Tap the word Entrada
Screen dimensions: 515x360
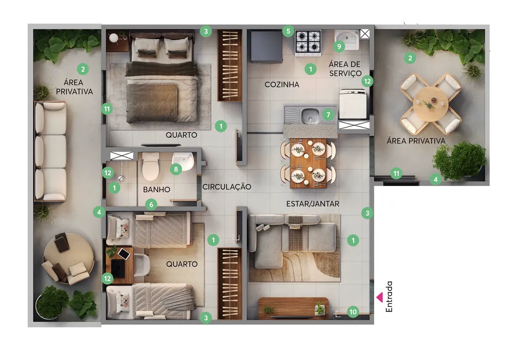tap(389, 297)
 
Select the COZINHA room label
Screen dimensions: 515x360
tap(282, 84)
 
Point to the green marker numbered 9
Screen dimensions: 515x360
tap(339, 47)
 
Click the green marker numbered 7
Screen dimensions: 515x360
tap(328, 115)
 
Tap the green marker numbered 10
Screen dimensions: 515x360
tap(353, 312)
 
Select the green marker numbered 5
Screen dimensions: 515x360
tap(288, 31)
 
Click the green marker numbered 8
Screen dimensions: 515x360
tap(176, 169)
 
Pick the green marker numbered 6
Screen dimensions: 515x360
tap(151, 205)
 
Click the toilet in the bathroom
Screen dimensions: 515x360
tap(150, 166)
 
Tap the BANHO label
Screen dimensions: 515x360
tap(157, 190)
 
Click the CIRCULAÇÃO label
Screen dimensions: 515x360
tap(227, 187)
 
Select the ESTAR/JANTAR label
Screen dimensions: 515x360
tap(313, 204)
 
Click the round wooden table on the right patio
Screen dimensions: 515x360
tap(431, 103)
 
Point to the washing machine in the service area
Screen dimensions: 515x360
tap(353, 104)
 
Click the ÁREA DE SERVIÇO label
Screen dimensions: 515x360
tap(345, 69)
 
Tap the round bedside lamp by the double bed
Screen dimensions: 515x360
tap(114, 38)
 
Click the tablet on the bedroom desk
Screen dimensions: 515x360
tap(124, 253)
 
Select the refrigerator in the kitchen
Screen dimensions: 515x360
tap(267, 46)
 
